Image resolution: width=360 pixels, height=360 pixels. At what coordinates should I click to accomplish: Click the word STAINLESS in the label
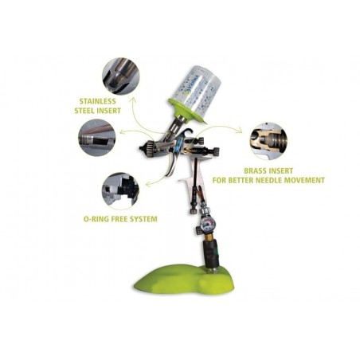(98, 101)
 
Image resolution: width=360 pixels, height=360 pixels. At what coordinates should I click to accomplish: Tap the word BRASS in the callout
(255, 170)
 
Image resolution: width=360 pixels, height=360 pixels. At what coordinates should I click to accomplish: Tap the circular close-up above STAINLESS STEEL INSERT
(121, 76)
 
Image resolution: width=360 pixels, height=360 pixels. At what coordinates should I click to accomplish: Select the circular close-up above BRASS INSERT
(268, 141)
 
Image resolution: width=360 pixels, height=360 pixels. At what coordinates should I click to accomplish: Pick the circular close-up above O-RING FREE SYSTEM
(120, 189)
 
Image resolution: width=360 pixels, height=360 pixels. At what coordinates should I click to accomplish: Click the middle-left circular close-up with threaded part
(97, 138)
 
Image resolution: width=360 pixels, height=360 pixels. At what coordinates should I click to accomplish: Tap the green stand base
(184, 279)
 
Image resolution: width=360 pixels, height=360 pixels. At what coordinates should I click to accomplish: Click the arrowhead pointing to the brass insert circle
(240, 130)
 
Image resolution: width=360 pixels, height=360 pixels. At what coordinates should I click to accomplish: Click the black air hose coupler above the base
(209, 251)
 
